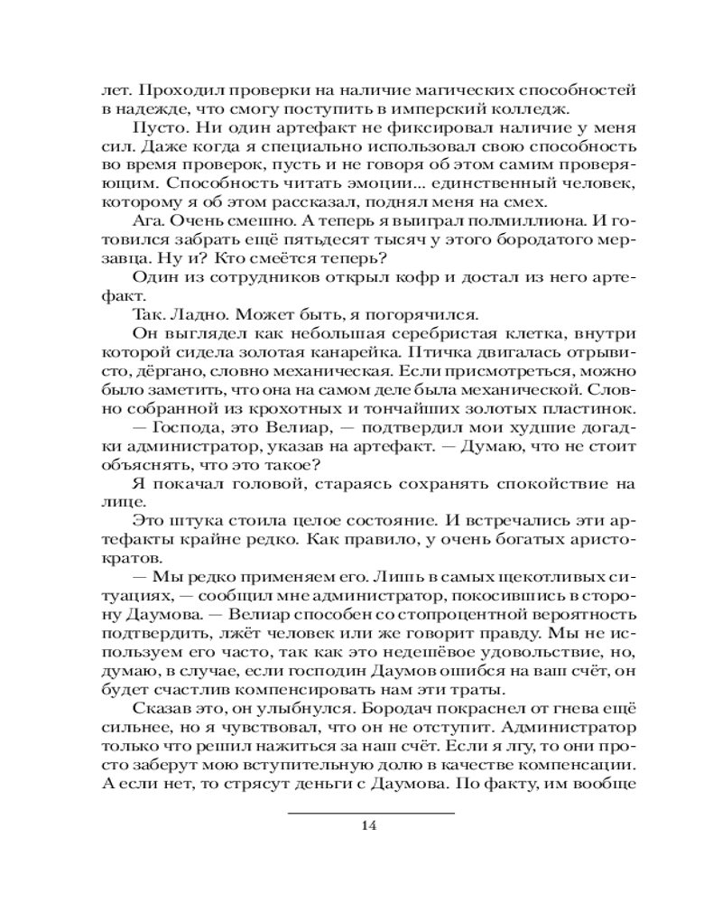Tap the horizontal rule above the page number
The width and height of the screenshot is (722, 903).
[370, 812]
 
